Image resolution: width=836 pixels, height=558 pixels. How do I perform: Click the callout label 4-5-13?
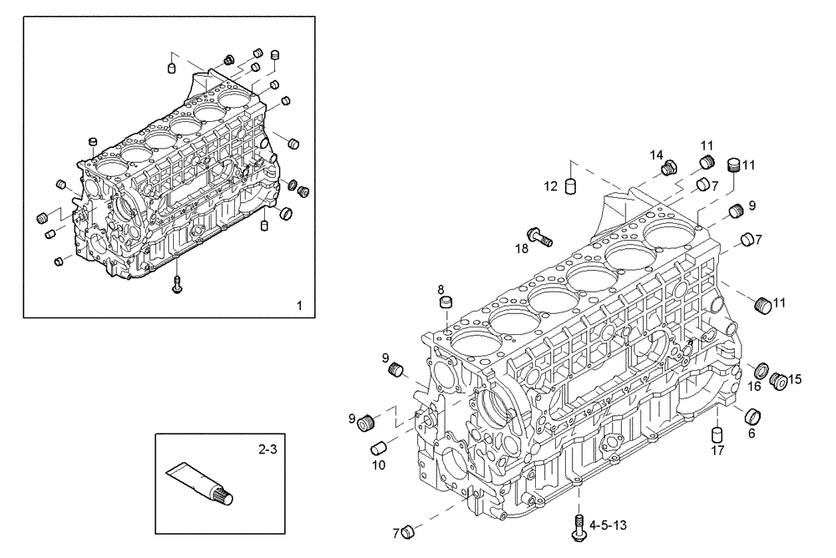609,525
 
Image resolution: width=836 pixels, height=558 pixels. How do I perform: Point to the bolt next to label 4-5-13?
578,525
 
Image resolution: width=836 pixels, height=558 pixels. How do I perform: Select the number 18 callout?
522,248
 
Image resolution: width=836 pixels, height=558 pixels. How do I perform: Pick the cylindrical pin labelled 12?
571,185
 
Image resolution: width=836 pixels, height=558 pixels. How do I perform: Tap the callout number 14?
657,155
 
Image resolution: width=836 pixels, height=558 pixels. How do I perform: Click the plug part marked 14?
668,170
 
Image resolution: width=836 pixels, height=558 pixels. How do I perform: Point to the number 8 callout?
440,289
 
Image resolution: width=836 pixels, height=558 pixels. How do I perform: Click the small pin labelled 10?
378,449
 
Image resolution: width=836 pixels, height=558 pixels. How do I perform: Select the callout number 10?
378,464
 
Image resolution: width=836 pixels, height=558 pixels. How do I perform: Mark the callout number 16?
754,386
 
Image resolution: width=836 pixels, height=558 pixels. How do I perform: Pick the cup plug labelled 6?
752,416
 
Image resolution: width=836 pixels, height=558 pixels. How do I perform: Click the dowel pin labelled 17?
716,435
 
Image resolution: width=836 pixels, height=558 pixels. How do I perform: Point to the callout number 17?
717,452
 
